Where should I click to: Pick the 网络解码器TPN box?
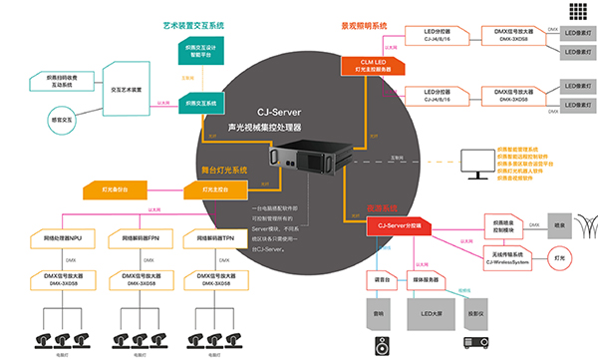(214, 239)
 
